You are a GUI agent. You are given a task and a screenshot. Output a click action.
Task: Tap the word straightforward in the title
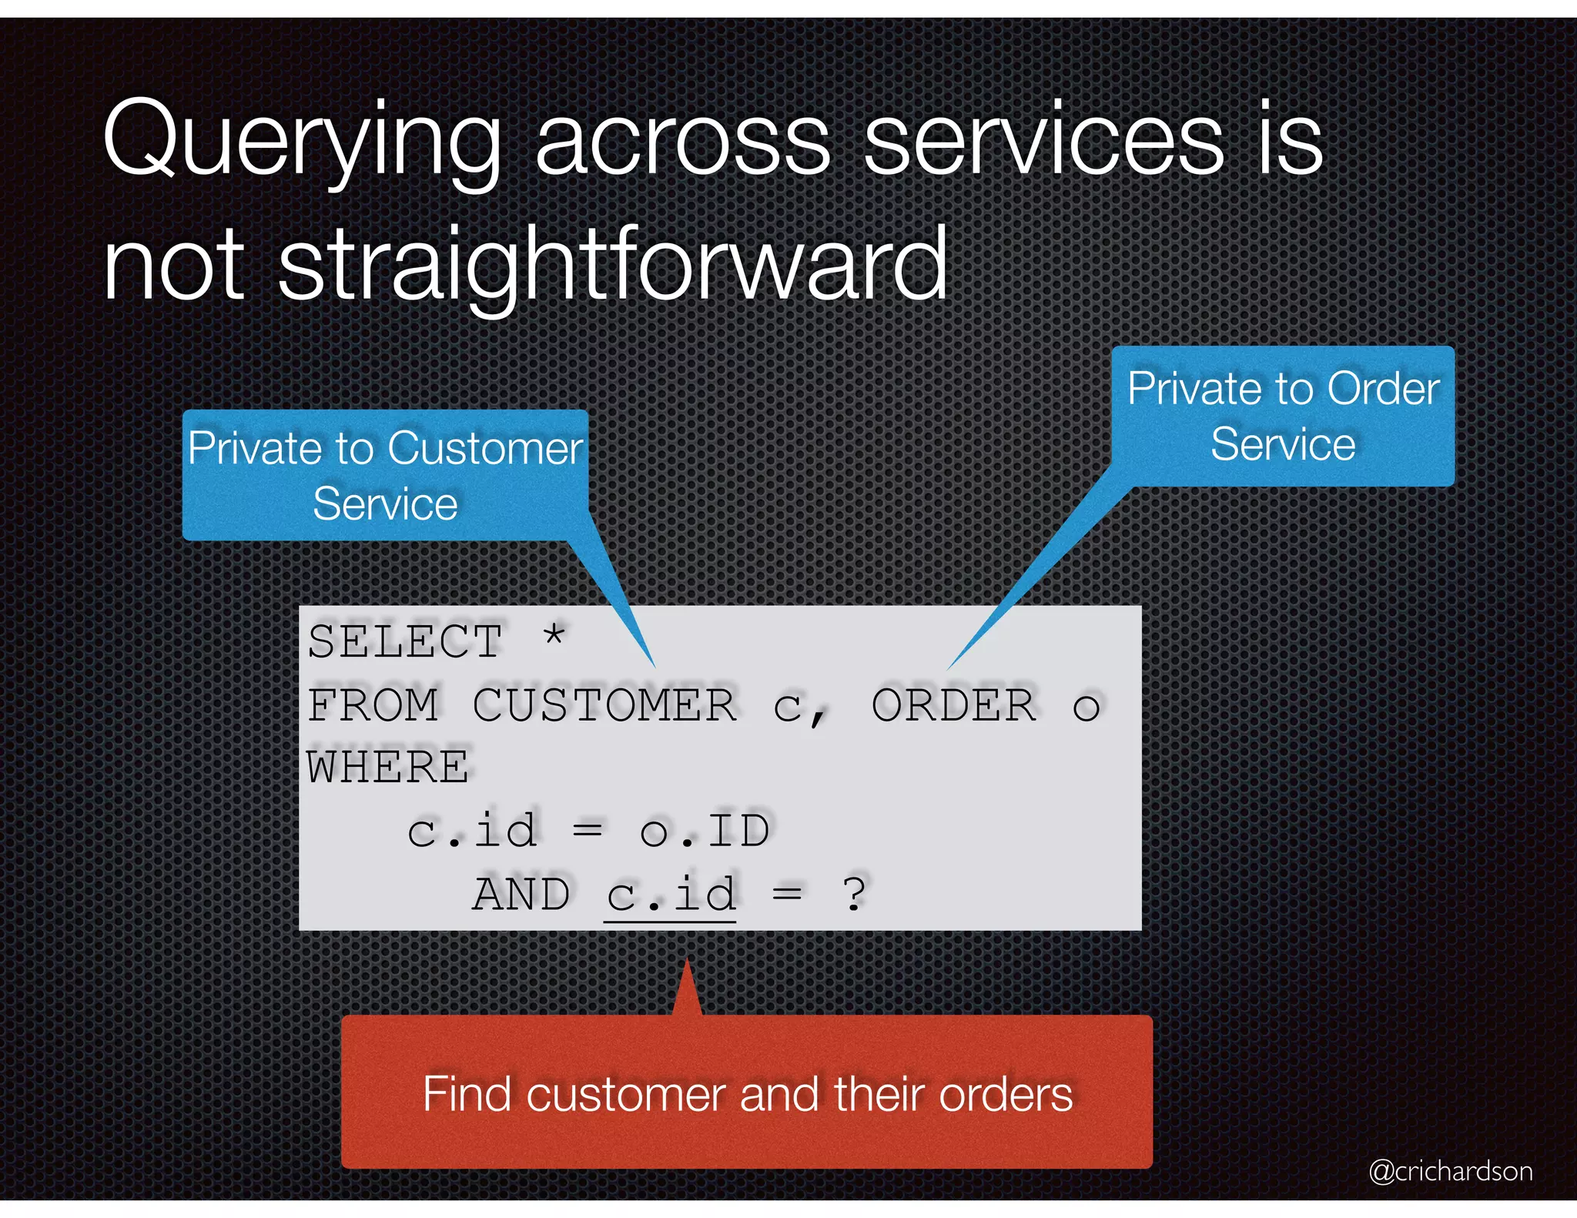pyautogui.click(x=612, y=266)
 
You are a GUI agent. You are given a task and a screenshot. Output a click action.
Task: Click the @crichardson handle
pyautogui.click(x=1450, y=1171)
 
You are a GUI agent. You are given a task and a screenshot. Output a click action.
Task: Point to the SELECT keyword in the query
pyautogui.click(x=405, y=641)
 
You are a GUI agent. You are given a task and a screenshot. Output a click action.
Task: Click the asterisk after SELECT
pyautogui.click(x=554, y=637)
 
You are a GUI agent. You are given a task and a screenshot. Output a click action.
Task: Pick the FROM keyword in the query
pyautogui.click(x=373, y=704)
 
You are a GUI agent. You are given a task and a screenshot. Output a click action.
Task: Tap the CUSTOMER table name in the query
pyautogui.click(x=604, y=704)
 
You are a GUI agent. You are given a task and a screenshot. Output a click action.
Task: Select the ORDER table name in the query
pyautogui.click(x=954, y=704)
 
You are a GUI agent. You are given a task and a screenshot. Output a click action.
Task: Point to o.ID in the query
pyautogui.click(x=704, y=831)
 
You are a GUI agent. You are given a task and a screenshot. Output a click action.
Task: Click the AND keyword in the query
pyautogui.click(x=521, y=894)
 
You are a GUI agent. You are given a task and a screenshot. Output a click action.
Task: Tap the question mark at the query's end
pyautogui.click(x=854, y=894)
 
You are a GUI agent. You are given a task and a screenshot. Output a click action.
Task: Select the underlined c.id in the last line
pyautogui.click(x=671, y=895)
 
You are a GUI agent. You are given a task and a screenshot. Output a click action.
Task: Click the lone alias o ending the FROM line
pyautogui.click(x=1086, y=707)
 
